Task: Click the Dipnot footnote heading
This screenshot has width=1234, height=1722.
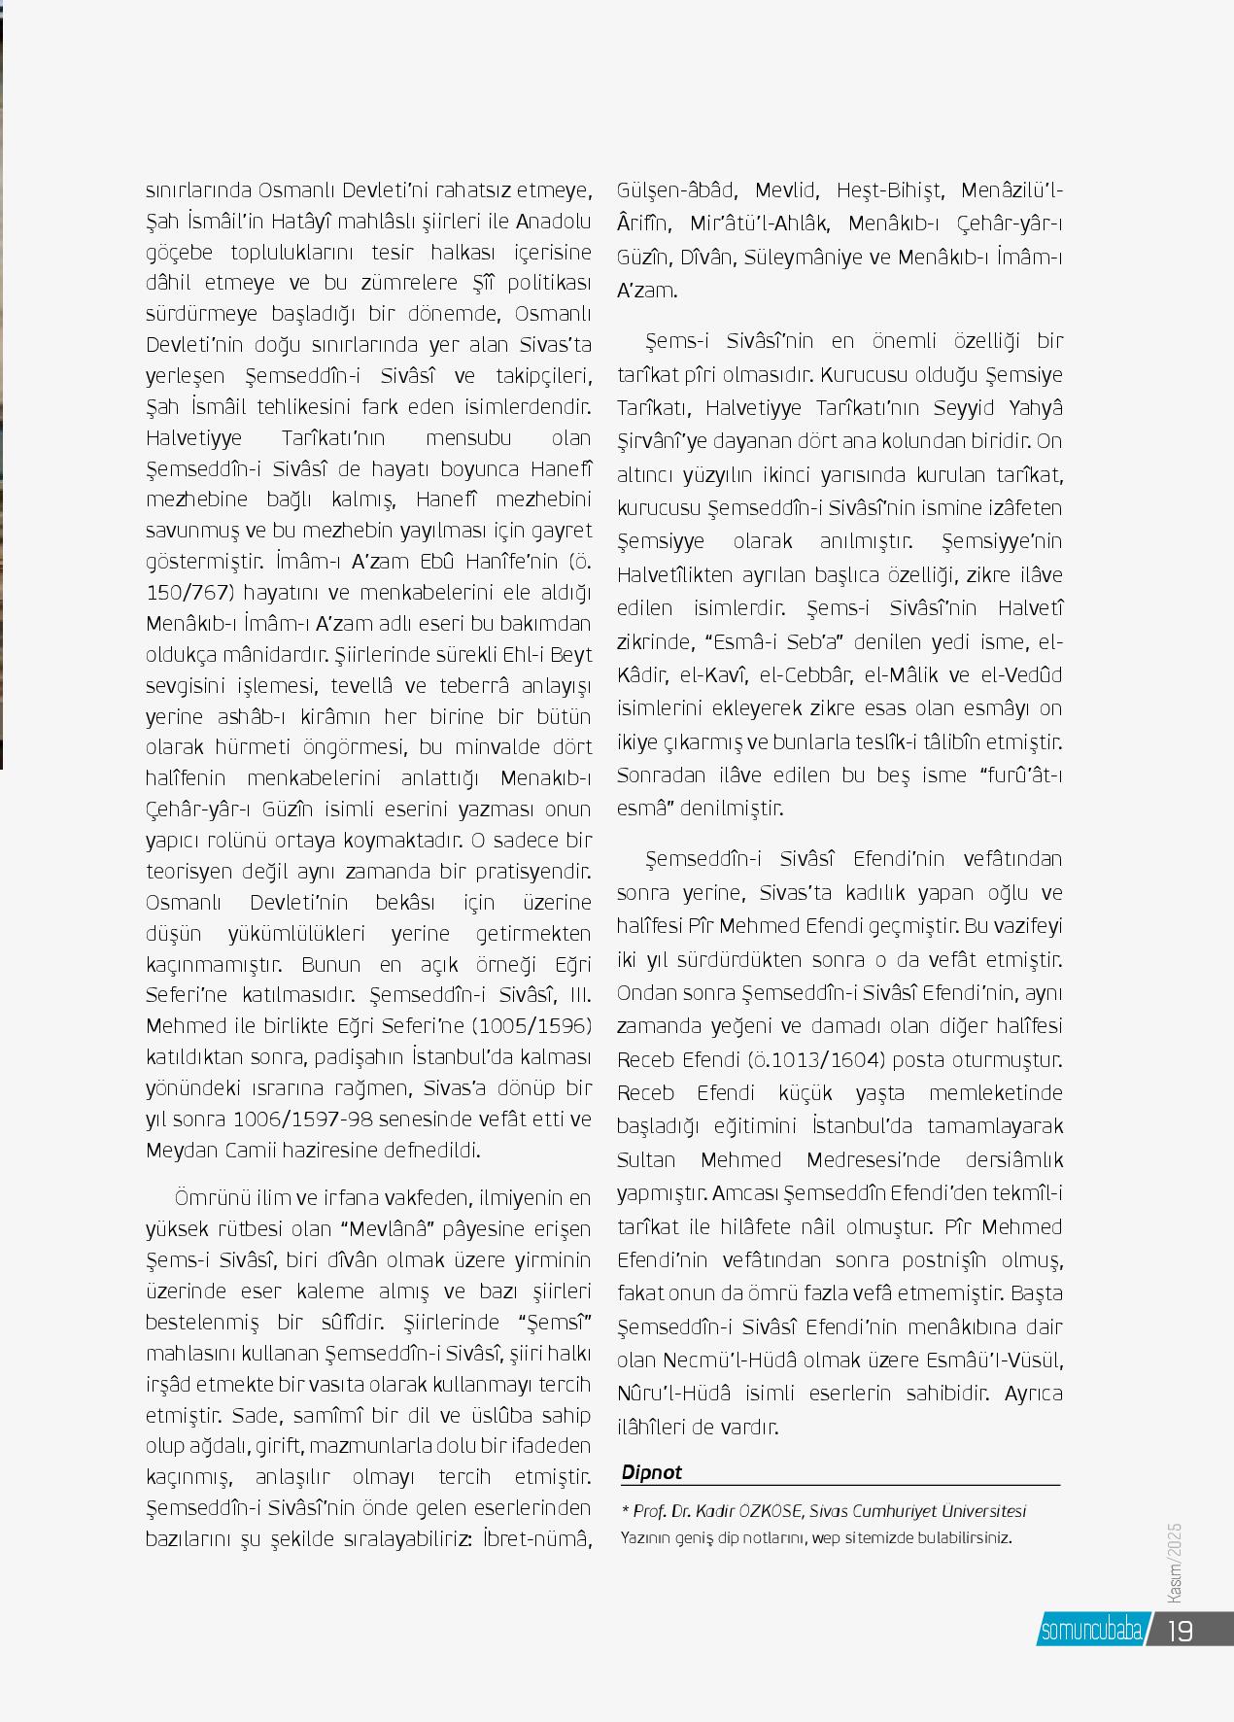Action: click(652, 1472)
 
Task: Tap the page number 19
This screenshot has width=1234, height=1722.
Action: click(1180, 1631)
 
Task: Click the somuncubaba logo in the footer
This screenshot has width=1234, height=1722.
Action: click(1091, 1631)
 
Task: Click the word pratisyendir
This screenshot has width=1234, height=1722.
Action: click(533, 871)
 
